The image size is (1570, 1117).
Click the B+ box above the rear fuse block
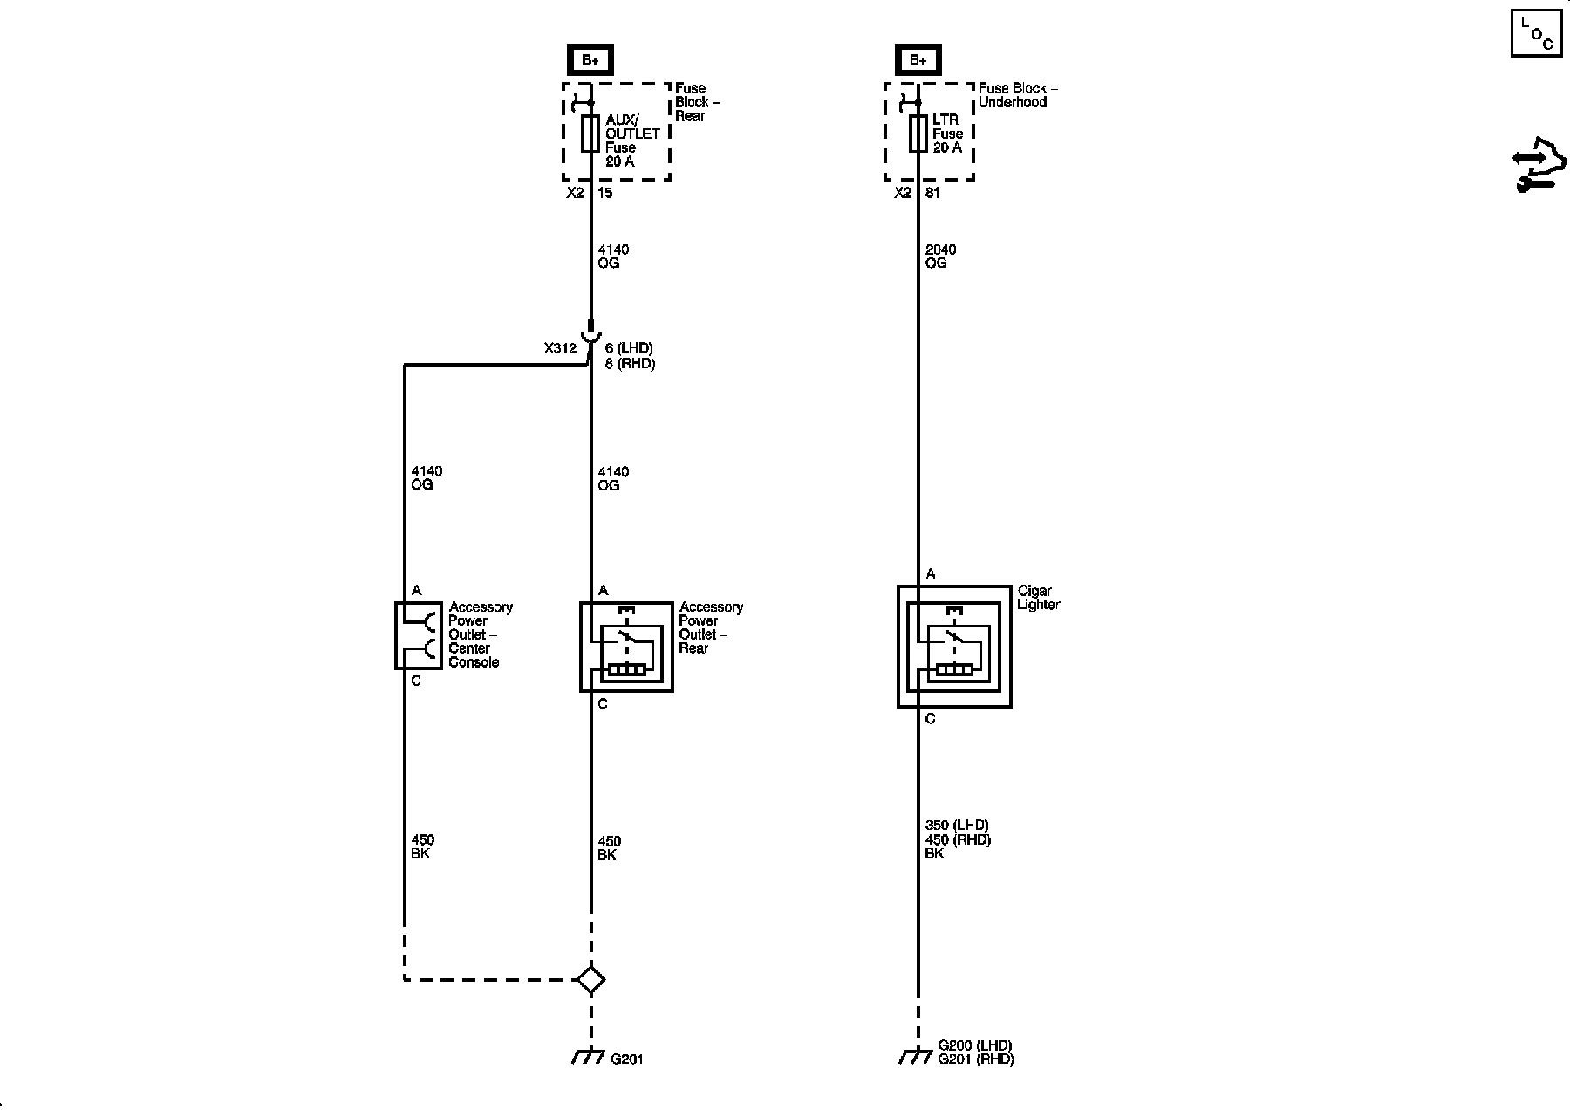pyautogui.click(x=590, y=60)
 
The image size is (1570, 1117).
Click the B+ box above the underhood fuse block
pyautogui.click(x=918, y=60)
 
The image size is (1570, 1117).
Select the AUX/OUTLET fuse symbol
pyautogui.click(x=590, y=134)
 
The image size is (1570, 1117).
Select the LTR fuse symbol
pyautogui.click(x=918, y=134)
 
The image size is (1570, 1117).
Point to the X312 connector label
pyautogui.click(x=560, y=348)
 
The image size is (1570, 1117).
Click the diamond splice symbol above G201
pyautogui.click(x=590, y=979)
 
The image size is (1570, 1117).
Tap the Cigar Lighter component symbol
pyautogui.click(x=954, y=647)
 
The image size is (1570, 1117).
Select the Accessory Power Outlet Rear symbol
pyautogui.click(x=626, y=647)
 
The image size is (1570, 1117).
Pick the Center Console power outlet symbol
pyautogui.click(x=418, y=635)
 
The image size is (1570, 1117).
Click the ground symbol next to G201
pyautogui.click(x=589, y=1057)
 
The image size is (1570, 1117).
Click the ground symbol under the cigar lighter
pyautogui.click(x=915, y=1057)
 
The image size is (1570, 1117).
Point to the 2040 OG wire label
pyautogui.click(x=940, y=257)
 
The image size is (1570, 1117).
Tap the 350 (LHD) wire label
pyautogui.click(x=957, y=826)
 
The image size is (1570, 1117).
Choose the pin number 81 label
pyautogui.click(x=932, y=193)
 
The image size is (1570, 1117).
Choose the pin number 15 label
pyautogui.click(x=605, y=193)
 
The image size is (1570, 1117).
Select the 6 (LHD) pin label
pyautogui.click(x=629, y=349)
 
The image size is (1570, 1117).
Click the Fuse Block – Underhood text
pyautogui.click(x=1018, y=95)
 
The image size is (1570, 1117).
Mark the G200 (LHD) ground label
pyautogui.click(x=975, y=1045)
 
